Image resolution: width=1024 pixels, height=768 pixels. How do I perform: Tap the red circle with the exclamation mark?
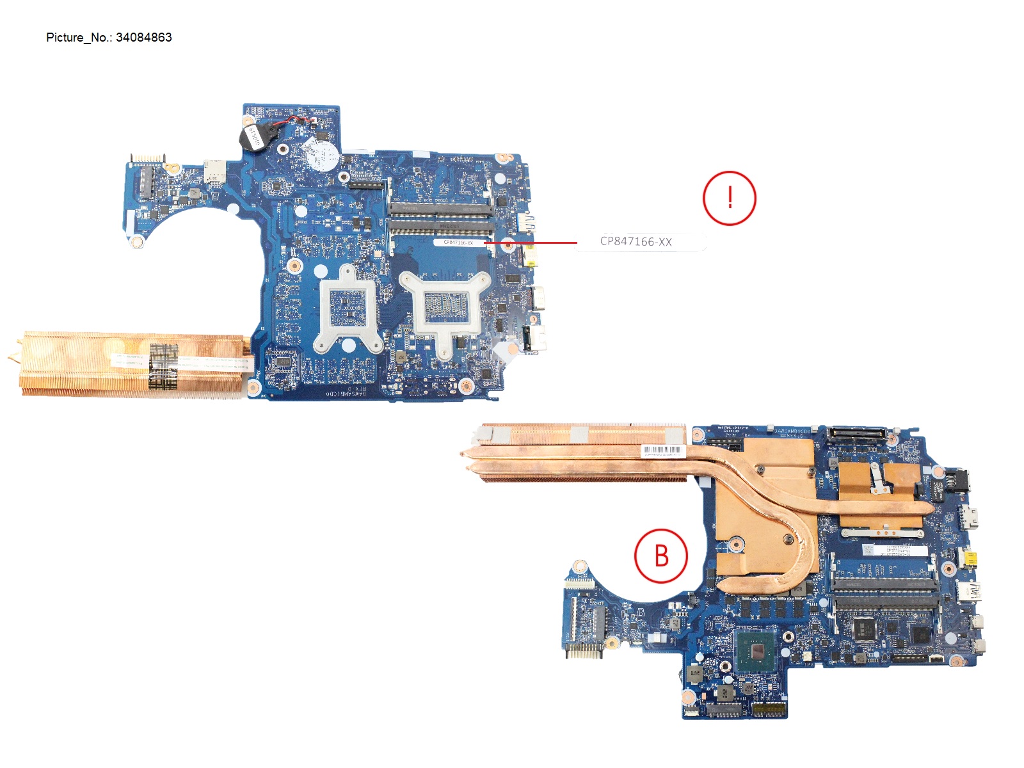click(729, 198)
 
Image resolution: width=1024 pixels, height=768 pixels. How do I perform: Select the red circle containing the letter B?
click(661, 556)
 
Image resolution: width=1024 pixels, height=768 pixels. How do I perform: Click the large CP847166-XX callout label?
click(636, 242)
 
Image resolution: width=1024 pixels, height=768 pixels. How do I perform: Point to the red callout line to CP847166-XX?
click(531, 243)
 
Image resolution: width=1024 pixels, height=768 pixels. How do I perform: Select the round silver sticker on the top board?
click(320, 154)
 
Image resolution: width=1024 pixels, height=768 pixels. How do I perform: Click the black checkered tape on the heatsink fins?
click(163, 365)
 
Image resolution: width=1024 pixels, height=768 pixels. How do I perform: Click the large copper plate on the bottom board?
click(762, 512)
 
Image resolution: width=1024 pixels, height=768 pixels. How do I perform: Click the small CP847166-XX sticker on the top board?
click(458, 243)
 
